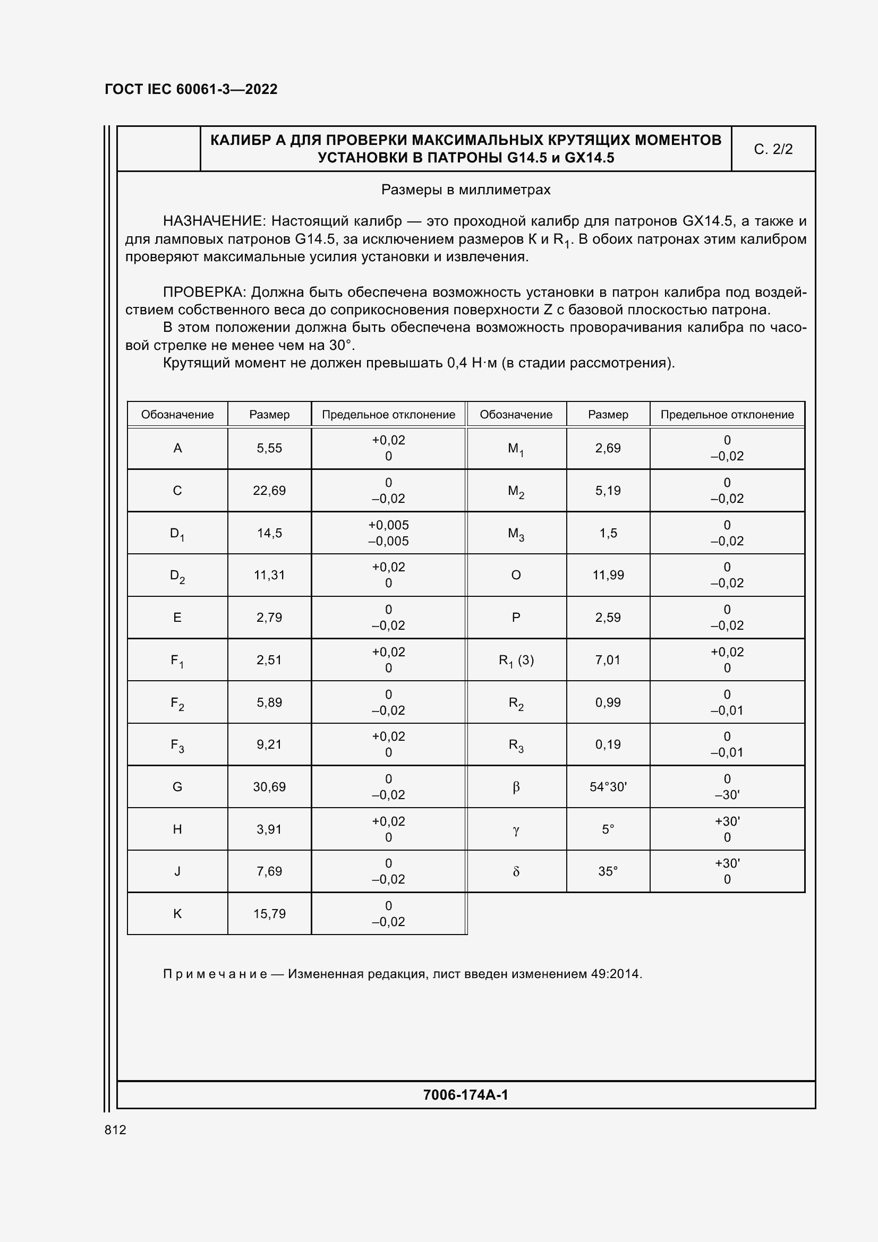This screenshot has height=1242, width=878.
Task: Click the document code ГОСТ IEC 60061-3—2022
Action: [191, 89]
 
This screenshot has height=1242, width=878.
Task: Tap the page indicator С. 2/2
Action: [773, 149]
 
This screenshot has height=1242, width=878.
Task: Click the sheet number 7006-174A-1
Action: [465, 1095]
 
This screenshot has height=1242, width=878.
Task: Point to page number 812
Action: [115, 1130]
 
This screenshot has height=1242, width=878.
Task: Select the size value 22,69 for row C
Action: [269, 491]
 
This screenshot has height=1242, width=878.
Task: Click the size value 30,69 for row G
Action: [269, 786]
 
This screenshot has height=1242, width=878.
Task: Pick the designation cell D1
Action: [177, 533]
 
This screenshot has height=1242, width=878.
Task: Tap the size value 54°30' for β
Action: [608, 786]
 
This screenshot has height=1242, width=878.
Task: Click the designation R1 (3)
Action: [516, 660]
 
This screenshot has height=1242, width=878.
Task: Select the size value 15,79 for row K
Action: [269, 914]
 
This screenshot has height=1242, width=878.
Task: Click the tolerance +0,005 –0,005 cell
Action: [388, 533]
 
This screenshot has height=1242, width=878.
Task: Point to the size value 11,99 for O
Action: [608, 575]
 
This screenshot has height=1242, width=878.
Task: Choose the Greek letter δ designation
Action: [516, 871]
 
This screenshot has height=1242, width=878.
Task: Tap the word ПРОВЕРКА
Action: [204, 293]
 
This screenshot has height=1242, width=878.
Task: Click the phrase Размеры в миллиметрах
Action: [465, 190]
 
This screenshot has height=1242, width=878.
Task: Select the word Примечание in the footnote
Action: [215, 974]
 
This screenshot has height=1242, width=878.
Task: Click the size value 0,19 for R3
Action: [608, 744]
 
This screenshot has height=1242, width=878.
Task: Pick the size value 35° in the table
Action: [608, 871]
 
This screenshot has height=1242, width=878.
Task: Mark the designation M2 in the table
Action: [516, 491]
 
